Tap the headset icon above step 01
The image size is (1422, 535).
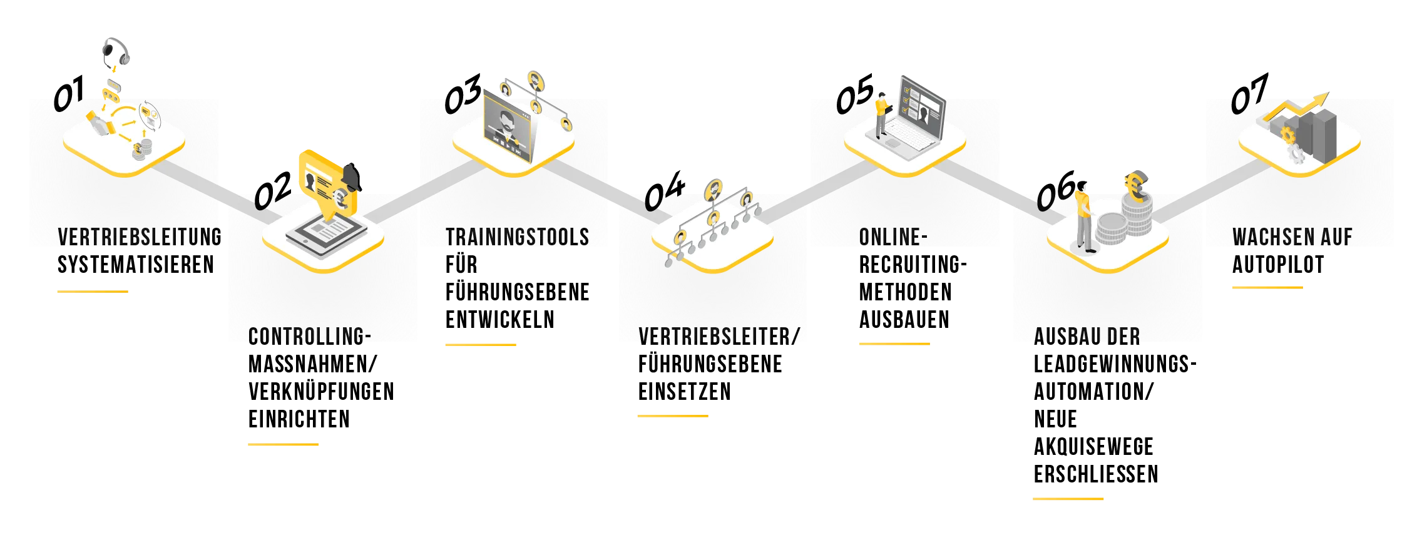coord(115,53)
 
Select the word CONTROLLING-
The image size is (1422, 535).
coord(309,337)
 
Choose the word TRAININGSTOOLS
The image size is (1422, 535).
coord(517,237)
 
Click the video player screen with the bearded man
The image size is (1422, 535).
coord(508,128)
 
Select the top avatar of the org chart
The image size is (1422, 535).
coord(714,188)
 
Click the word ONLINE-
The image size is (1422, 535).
coord(893,237)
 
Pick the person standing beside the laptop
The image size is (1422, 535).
coord(882,116)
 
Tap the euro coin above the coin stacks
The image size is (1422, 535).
coord(1136,186)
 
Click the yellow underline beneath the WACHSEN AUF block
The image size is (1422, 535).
coord(1269,287)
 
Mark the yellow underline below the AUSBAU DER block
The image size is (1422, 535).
coord(1068,498)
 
